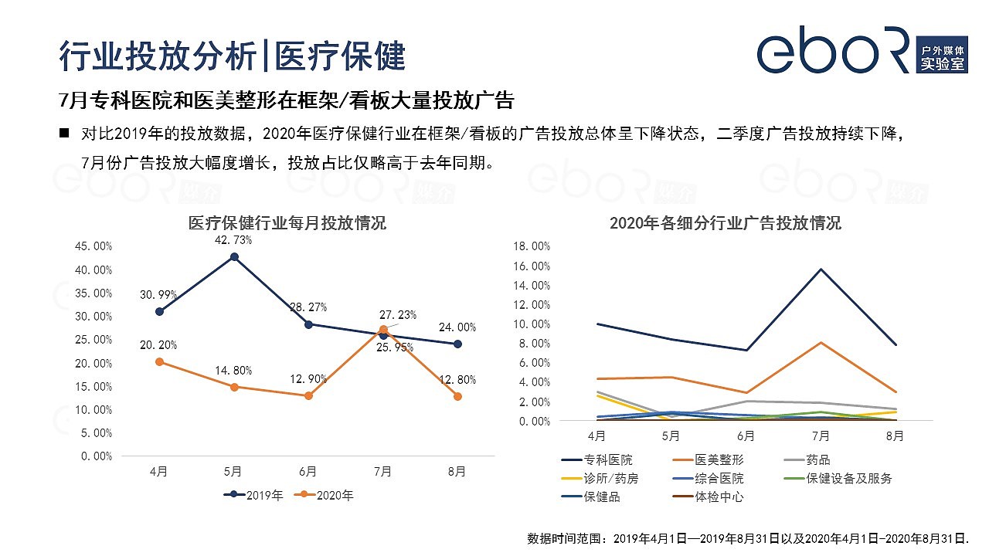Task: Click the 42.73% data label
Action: pyautogui.click(x=233, y=240)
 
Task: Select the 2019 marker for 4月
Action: pyautogui.click(x=159, y=311)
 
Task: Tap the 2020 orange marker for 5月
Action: pyautogui.click(x=233, y=386)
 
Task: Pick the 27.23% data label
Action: pyautogui.click(x=398, y=314)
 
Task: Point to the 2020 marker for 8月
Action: pyautogui.click(x=457, y=396)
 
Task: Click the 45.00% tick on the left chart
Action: pyautogui.click(x=93, y=246)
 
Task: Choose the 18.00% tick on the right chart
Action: pyautogui.click(x=531, y=246)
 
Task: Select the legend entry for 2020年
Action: pyautogui.click(x=325, y=495)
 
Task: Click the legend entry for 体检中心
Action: pyautogui.click(x=709, y=497)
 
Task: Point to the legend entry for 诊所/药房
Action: pyautogui.click(x=599, y=479)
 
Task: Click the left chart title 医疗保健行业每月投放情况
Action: pyautogui.click(x=287, y=223)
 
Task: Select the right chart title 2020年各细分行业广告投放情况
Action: pyautogui.click(x=725, y=223)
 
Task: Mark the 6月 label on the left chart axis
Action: pyautogui.click(x=308, y=471)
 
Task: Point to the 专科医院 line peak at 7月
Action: pyautogui.click(x=820, y=269)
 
